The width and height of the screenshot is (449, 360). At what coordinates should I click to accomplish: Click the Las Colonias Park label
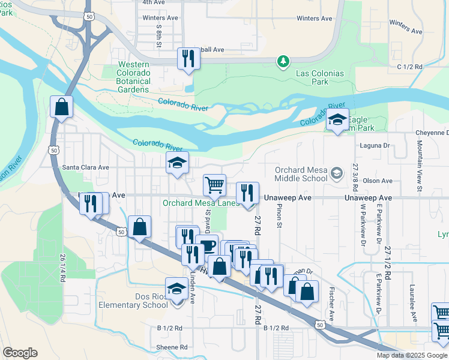(x=321, y=77)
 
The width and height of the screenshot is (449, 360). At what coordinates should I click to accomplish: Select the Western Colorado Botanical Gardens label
(x=134, y=77)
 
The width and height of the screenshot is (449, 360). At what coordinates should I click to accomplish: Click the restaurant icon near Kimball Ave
(x=188, y=59)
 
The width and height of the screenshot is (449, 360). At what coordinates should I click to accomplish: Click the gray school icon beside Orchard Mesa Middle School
(x=337, y=173)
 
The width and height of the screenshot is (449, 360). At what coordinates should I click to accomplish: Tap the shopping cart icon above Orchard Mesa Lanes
(x=214, y=185)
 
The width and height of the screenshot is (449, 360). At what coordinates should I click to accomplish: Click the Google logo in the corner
(x=20, y=353)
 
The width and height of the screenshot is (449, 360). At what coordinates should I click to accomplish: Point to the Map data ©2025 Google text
(x=412, y=355)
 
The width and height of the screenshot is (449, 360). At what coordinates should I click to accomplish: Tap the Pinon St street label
(x=280, y=216)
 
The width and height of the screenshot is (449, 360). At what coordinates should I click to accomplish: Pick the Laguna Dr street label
(x=376, y=145)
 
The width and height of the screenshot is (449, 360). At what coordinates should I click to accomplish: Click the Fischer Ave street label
(x=331, y=304)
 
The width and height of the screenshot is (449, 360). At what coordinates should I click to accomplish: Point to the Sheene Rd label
(x=172, y=347)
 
